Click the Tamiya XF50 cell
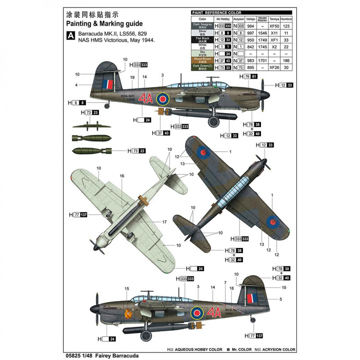click(x=273, y=27)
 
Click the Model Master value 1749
click(x=262, y=40)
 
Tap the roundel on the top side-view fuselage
click(x=162, y=98)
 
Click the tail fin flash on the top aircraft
click(x=108, y=84)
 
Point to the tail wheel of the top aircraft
click(x=106, y=106)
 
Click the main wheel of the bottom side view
click(x=146, y=335)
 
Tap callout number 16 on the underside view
click(x=122, y=176)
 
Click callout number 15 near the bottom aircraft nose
click(x=126, y=289)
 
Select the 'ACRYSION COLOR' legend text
click(x=277, y=349)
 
